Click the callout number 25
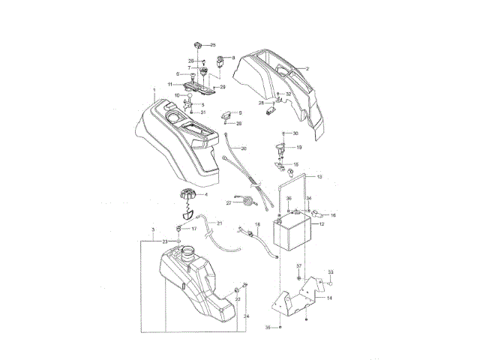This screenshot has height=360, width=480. [x=212, y=46]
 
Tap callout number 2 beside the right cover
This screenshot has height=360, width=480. [x=306, y=69]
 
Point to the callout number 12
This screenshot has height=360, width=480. [x=320, y=223]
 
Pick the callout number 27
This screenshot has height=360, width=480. [x=229, y=202]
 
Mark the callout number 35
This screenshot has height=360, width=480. [x=267, y=328]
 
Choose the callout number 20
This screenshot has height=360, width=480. [x=244, y=149]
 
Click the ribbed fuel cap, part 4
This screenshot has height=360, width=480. [x=185, y=196]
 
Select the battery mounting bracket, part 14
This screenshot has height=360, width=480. [x=296, y=300]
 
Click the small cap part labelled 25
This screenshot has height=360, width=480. [x=196, y=44]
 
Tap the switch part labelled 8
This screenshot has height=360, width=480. [x=220, y=59]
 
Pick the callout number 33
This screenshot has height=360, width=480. [x=331, y=271]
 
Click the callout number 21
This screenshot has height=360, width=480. [x=220, y=223]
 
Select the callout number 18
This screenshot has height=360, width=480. [x=257, y=224]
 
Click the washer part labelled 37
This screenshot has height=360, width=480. [x=298, y=278]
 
